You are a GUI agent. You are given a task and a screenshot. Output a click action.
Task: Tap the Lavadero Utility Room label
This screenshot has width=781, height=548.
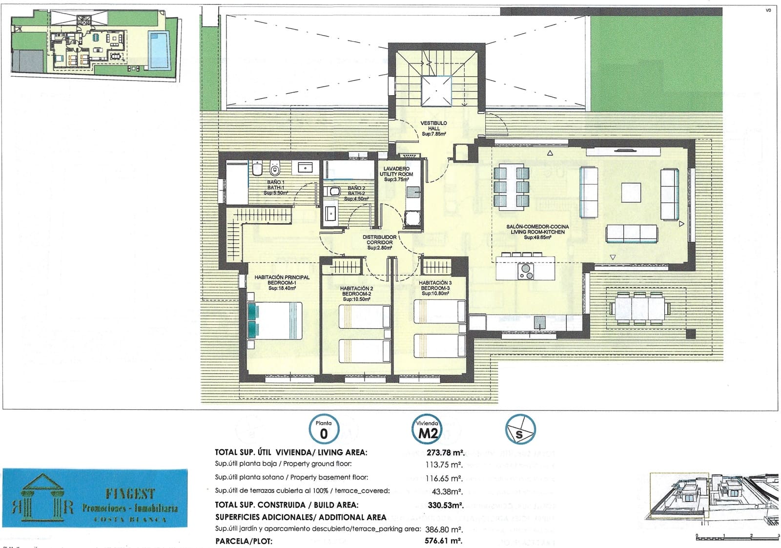(x=398, y=174)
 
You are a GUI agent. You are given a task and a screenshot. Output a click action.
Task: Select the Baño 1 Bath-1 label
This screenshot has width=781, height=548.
(x=275, y=188)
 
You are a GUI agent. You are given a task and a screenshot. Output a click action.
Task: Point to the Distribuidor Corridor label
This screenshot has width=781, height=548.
(x=379, y=242)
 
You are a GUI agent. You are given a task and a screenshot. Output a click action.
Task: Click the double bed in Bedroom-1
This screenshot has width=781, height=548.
(x=275, y=320)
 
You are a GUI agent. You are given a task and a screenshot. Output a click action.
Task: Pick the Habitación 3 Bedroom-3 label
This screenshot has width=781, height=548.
(x=435, y=288)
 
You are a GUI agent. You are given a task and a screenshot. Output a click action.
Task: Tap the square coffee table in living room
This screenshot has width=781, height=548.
(x=631, y=192)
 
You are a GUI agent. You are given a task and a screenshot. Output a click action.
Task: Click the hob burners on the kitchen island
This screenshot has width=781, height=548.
(x=526, y=271)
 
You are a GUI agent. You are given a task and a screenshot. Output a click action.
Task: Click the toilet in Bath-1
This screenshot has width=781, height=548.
(x=274, y=169)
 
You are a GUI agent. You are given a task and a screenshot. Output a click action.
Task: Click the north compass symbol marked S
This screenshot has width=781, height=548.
(x=520, y=430)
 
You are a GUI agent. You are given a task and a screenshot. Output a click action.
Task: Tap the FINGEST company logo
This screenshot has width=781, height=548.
(x=95, y=498)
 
